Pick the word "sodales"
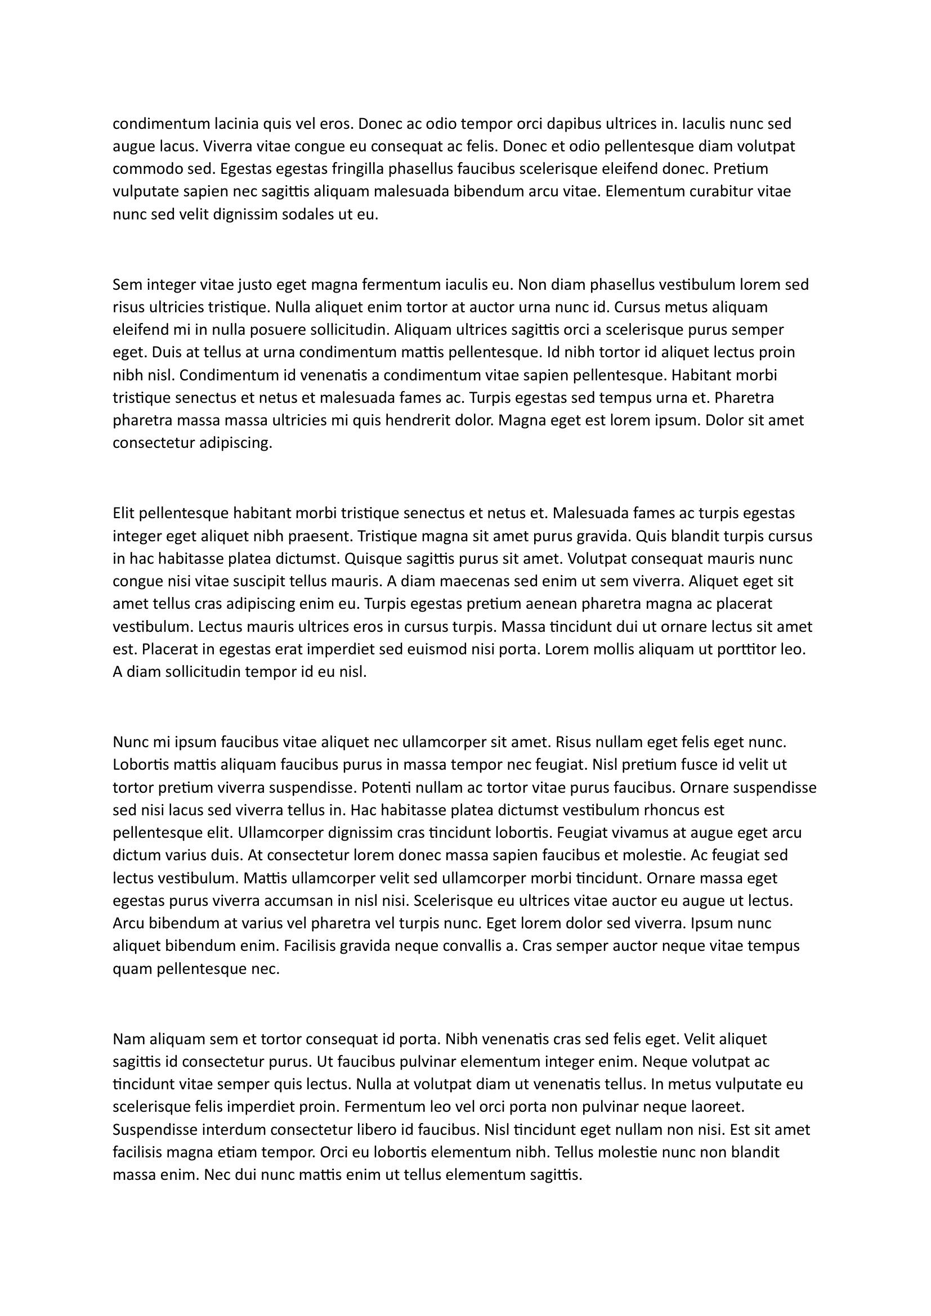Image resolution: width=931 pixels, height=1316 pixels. [x=309, y=214]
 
